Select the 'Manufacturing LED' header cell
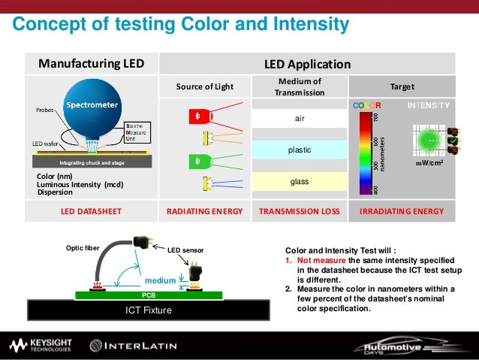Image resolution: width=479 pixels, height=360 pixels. click(92, 64)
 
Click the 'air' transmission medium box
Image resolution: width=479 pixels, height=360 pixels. click(300, 119)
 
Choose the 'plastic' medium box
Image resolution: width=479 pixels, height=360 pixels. click(300, 150)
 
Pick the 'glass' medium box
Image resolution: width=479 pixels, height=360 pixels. click(300, 181)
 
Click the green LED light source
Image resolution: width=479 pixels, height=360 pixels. click(197, 160)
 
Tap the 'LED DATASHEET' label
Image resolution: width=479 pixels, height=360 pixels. click(92, 212)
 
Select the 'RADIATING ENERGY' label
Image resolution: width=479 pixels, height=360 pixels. click(205, 212)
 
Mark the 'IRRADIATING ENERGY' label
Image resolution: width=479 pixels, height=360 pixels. click(402, 212)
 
